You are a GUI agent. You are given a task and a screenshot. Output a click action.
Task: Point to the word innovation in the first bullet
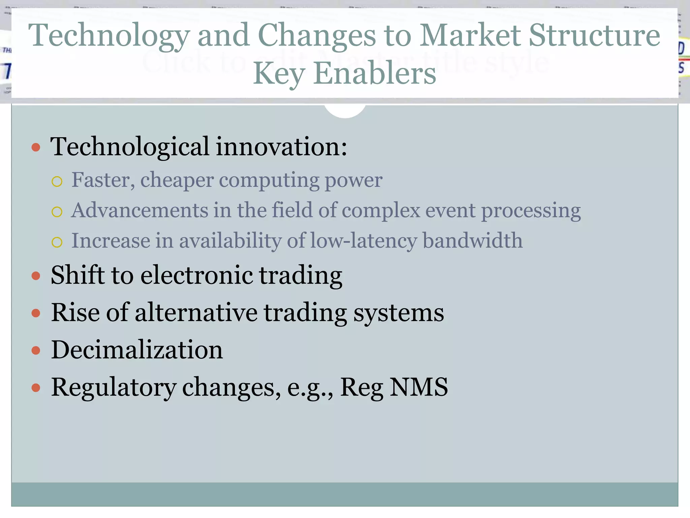281,147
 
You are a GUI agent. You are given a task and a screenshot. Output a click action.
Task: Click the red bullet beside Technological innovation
36,147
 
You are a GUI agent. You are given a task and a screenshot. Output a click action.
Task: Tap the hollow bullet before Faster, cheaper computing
57,182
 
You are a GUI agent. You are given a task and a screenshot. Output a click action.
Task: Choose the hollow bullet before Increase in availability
57,242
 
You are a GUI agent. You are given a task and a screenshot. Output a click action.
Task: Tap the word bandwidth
472,240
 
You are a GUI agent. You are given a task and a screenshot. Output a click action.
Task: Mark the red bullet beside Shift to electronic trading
36,276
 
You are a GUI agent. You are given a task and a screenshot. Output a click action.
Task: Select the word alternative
196,313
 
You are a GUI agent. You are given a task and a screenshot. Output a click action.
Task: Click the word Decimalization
137,350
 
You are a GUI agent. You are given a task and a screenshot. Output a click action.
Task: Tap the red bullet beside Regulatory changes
36,387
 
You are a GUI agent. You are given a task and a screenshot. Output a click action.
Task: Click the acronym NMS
418,387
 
